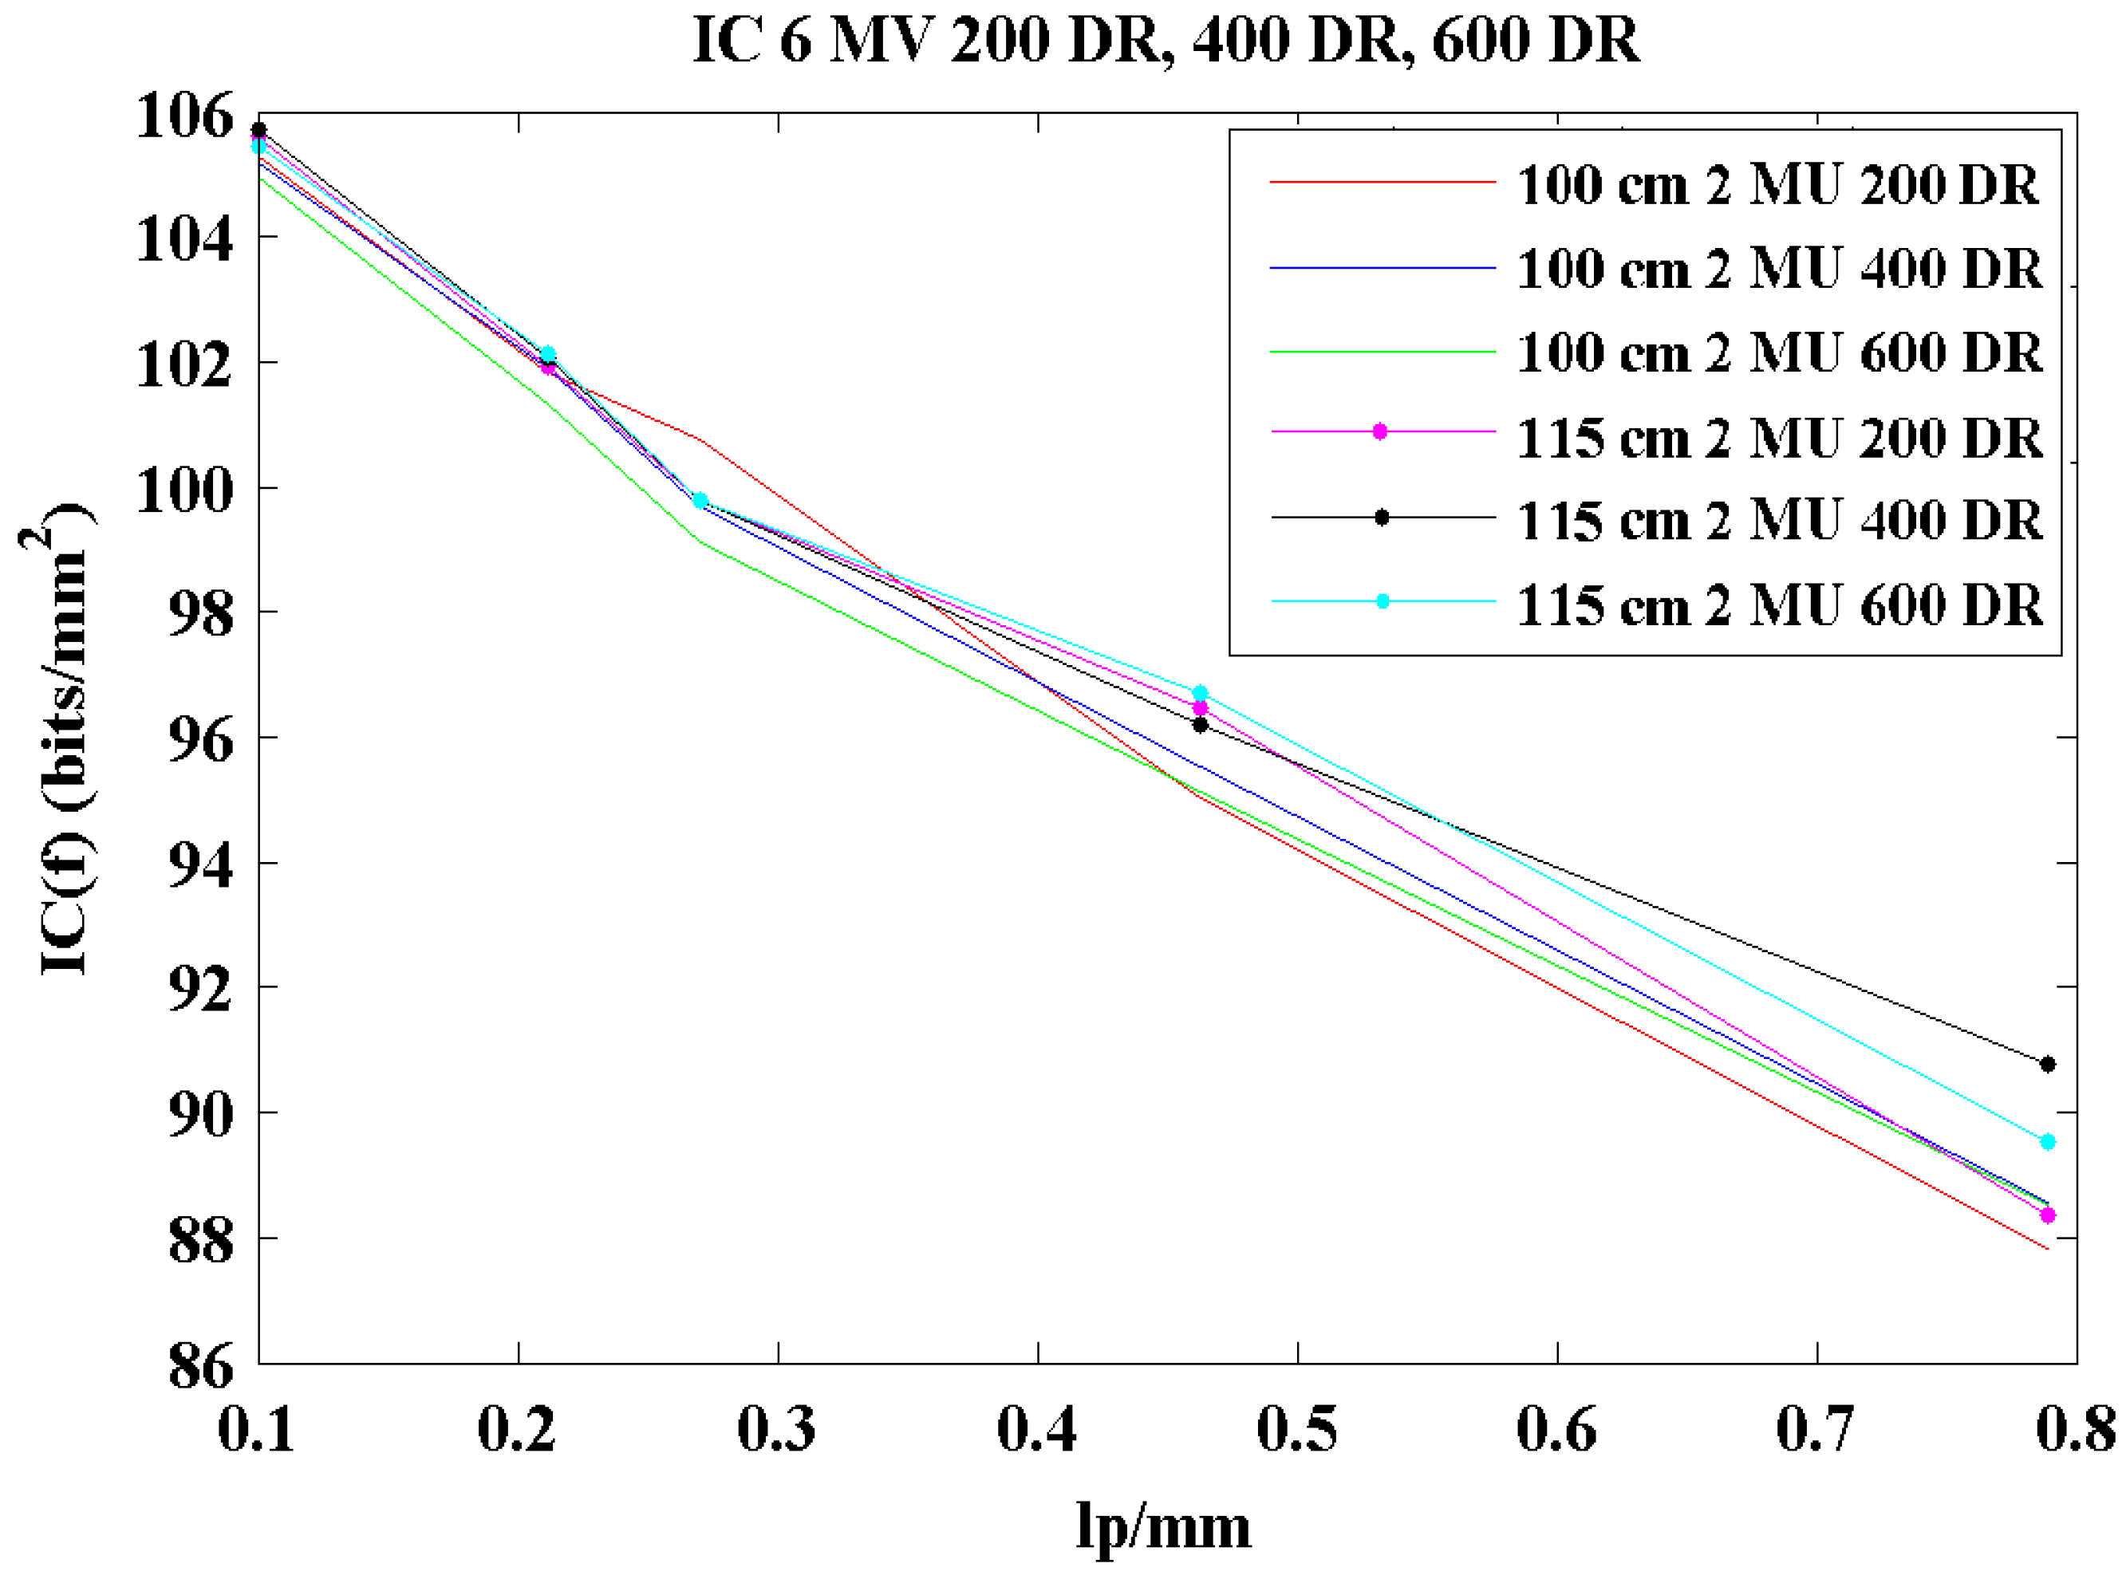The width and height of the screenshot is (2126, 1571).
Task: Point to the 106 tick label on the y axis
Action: [183, 117]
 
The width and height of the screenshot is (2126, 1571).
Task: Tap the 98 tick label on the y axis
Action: [199, 614]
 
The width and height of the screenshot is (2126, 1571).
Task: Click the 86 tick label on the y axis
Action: [199, 1367]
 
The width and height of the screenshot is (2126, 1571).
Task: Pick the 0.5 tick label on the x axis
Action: [1296, 1429]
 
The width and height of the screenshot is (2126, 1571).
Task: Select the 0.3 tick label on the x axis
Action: [776, 1429]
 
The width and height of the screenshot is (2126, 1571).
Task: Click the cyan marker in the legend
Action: [1382, 601]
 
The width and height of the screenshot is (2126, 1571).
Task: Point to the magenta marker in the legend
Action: [1380, 431]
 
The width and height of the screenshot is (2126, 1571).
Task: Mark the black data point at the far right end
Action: [2048, 1064]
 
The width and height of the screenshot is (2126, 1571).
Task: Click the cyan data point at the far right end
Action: [2048, 1141]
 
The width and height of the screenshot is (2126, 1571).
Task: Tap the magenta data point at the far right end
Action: [2048, 1215]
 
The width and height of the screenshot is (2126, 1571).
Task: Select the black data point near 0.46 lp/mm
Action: [1201, 725]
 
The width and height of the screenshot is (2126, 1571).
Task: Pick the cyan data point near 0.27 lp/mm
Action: [700, 500]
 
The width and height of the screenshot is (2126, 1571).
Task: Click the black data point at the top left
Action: [258, 129]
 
